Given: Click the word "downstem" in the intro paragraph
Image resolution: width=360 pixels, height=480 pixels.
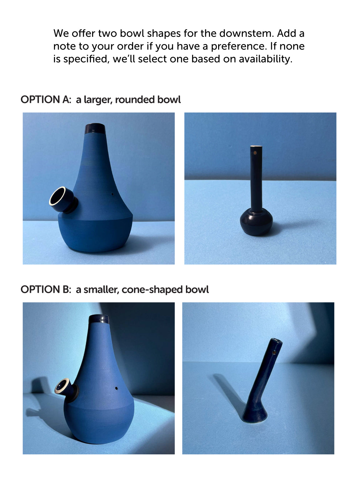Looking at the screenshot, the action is [x=246, y=33].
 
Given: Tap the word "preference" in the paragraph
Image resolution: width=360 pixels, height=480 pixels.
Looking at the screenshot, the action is [x=239, y=46].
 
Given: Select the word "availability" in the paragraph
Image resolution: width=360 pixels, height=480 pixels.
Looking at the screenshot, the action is [x=265, y=59].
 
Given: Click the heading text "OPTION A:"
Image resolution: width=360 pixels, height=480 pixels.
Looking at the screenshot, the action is [x=46, y=100].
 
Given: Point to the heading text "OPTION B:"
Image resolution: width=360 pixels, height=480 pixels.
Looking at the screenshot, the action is [x=46, y=289].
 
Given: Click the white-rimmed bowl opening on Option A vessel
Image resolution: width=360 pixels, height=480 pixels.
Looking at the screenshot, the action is [x=57, y=196].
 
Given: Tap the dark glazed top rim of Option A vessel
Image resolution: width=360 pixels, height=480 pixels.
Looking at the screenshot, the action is [x=95, y=128].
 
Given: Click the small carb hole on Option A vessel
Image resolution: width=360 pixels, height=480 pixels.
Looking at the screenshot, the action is [x=112, y=194].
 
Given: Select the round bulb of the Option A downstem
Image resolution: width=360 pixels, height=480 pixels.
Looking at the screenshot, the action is [x=256, y=221].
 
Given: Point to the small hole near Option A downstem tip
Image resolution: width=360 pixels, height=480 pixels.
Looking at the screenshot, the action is [x=255, y=153].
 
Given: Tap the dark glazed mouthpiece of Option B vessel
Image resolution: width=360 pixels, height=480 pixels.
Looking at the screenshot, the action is [x=99, y=319].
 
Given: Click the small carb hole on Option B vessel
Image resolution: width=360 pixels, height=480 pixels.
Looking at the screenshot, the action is [x=116, y=388].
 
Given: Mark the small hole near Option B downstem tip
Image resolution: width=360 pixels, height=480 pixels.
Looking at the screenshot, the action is [x=274, y=352].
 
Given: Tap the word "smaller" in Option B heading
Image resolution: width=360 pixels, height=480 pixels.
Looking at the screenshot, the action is [x=101, y=289].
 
